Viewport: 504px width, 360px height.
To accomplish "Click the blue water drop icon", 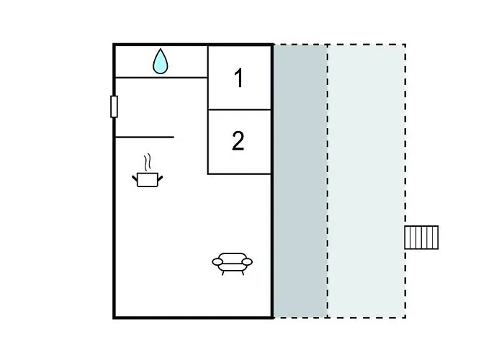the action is pyautogui.click(x=161, y=62).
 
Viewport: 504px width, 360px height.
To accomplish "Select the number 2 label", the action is pyautogui.click(x=238, y=141).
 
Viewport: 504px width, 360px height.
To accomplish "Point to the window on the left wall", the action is pyautogui.click(x=114, y=106).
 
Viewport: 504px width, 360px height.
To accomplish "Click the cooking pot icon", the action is pyautogui.click(x=148, y=179).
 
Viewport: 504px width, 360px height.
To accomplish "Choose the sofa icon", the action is pyautogui.click(x=233, y=263).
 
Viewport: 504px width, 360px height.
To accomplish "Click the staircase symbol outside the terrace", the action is pyautogui.click(x=421, y=237).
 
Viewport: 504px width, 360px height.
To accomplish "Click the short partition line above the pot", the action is pyautogui.click(x=144, y=136).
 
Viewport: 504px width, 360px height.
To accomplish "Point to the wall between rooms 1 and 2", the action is pyautogui.click(x=239, y=110).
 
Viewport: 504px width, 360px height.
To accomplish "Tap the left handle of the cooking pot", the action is pyautogui.click(x=135, y=176).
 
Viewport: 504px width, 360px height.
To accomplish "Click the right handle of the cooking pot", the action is pyautogui.click(x=161, y=176).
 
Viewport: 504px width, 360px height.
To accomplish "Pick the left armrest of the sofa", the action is pyautogui.click(x=217, y=263).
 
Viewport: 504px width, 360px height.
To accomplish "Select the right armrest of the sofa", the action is pyautogui.click(x=248, y=263).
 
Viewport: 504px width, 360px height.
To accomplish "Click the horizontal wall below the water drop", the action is pyautogui.click(x=161, y=77).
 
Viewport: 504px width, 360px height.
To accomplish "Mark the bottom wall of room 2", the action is pyautogui.click(x=239, y=174).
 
